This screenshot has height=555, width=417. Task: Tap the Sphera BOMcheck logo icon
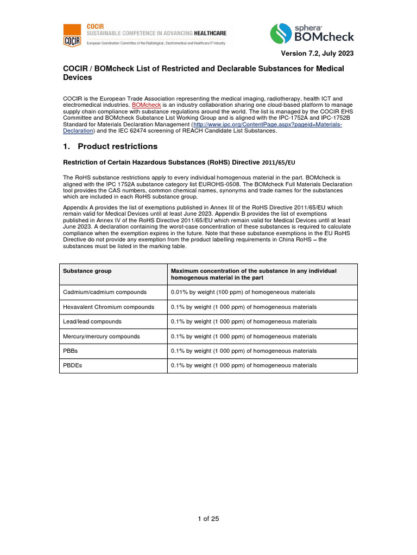pyautogui.click(x=281, y=34)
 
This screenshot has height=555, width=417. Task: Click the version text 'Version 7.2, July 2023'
pyautogui.click(x=317, y=53)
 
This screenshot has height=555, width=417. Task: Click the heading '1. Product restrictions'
pyautogui.click(x=111, y=146)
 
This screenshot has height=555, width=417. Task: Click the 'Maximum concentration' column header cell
pyautogui.click(x=254, y=274)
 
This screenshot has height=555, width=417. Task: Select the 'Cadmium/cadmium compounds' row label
pyautogui.click(x=105, y=292)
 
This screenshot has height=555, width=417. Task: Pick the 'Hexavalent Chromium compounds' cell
pyautogui.click(x=109, y=307)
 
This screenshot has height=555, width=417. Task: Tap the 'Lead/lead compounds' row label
pyautogui.click(x=92, y=321)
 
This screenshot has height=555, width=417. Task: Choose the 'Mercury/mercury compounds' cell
pyautogui.click(x=102, y=336)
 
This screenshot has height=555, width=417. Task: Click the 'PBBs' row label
pyautogui.click(x=71, y=351)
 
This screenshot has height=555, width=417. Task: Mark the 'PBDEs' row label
pyautogui.click(x=72, y=365)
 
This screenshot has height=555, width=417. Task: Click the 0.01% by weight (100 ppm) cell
pyautogui.click(x=243, y=292)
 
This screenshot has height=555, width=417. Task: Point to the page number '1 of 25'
pyautogui.click(x=208, y=519)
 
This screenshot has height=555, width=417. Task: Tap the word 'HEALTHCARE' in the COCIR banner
pyautogui.click(x=206, y=33)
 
